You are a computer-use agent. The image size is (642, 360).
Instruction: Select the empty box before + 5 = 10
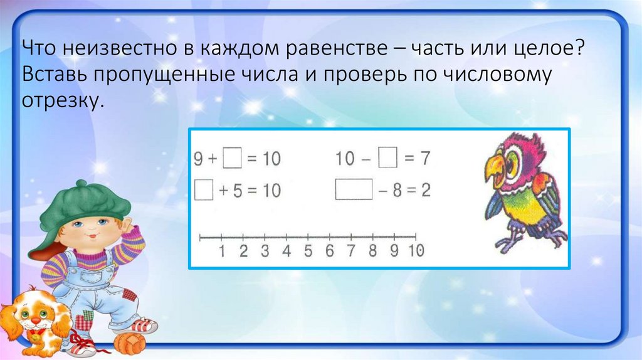pos(204,189)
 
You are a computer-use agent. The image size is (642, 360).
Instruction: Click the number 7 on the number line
pos(351,251)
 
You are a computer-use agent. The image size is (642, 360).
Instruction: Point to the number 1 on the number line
pos(222,251)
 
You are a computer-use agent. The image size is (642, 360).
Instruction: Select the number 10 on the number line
pos(416,251)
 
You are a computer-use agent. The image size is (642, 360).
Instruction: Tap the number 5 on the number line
pos(308,251)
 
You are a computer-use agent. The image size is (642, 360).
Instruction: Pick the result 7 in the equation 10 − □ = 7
pos(424,159)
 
